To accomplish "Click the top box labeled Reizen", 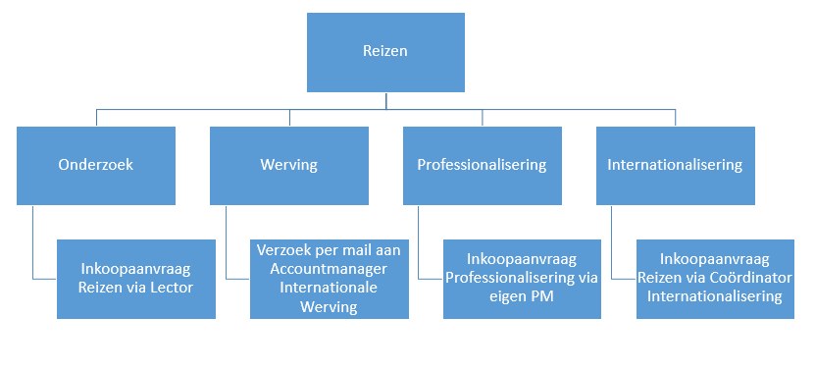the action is (385, 53).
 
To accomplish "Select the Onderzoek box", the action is (96, 166).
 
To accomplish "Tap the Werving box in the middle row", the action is (289, 166).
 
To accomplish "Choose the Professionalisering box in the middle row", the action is (483, 166).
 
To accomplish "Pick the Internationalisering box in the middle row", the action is (675, 166).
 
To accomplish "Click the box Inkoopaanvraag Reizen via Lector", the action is (136, 279).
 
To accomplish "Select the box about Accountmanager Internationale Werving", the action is (330, 279).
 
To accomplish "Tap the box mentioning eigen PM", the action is (522, 279).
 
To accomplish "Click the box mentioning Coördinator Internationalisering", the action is (715, 279).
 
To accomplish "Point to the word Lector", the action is (171, 288).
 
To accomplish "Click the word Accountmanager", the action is (329, 269).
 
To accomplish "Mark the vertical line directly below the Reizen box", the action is (385, 101).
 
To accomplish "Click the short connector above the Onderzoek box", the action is (96, 118).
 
